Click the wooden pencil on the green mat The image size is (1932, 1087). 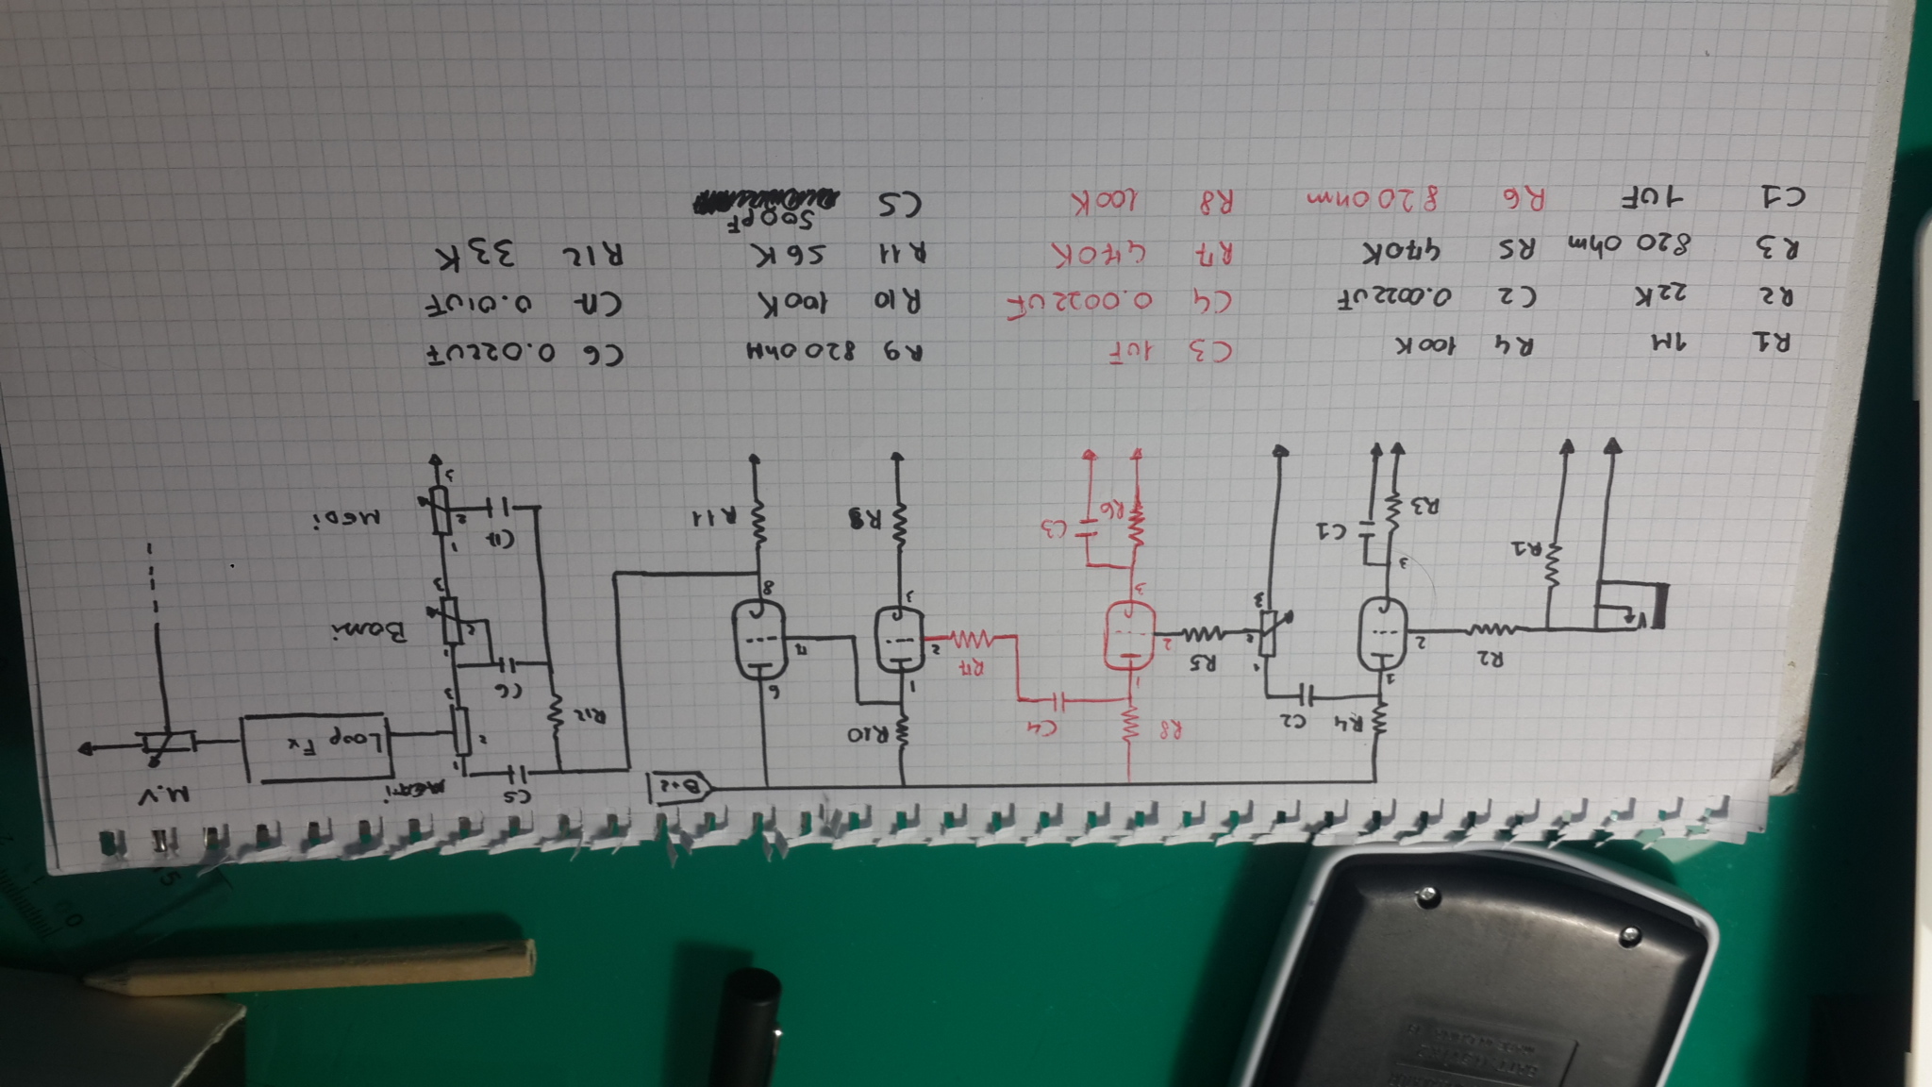tap(311, 968)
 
